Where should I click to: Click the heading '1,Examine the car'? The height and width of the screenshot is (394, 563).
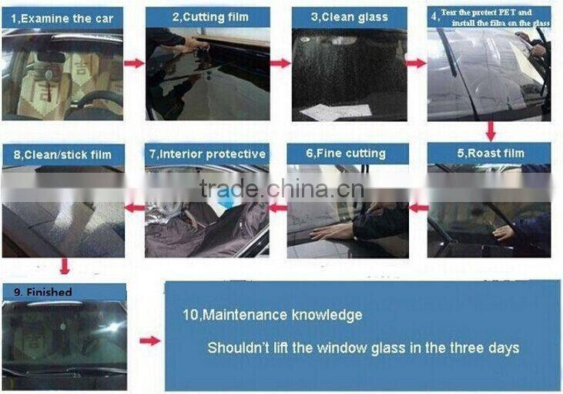click(62, 19)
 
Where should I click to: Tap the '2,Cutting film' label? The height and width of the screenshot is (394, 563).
click(210, 17)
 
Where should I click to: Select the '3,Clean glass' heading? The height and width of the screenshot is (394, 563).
click(350, 17)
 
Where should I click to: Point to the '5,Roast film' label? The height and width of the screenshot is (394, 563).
click(491, 153)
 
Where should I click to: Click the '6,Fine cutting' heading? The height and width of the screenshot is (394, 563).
click(346, 153)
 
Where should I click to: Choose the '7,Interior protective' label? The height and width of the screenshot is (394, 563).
click(207, 154)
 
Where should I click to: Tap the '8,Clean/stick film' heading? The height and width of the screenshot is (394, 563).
click(62, 155)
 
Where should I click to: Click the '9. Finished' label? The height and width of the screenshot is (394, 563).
click(42, 292)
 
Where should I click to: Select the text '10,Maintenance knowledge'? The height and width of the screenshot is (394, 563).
click(273, 315)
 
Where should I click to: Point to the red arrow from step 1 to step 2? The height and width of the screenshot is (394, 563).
click(134, 63)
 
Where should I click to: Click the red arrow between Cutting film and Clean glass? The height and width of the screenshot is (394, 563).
click(280, 63)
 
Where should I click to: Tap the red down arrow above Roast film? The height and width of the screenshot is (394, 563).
click(491, 131)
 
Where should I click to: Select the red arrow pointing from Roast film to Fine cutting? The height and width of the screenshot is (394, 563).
click(418, 207)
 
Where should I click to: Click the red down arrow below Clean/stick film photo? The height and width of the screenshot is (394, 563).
click(64, 266)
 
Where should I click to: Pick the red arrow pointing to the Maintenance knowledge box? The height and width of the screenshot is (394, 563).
click(150, 341)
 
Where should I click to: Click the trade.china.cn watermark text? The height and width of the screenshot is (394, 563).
click(282, 189)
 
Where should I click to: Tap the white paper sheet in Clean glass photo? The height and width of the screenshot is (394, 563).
click(336, 112)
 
